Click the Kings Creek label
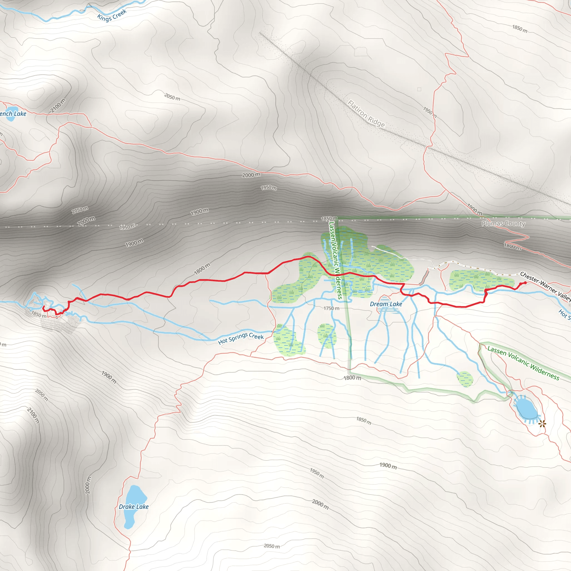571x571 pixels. pos(112,15)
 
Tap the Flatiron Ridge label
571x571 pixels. pos(366,114)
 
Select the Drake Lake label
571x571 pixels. pos(134,507)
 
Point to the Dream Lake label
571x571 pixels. pos(386,304)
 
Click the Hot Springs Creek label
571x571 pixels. pos(241,338)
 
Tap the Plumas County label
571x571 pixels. pos(503,223)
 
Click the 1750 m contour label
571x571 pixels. pos(331,308)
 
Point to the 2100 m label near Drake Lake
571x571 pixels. pos(33,415)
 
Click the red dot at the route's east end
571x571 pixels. pos(525,283)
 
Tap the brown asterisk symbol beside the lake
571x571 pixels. pos(542,424)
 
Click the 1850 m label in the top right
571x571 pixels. pos(520,29)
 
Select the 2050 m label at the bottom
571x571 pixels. pos(272,546)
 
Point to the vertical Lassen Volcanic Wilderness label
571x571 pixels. pos(335,260)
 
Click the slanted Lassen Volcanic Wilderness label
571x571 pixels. pos(523,363)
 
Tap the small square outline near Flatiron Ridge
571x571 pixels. pos(419,89)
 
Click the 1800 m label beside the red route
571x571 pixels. pos(202,269)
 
